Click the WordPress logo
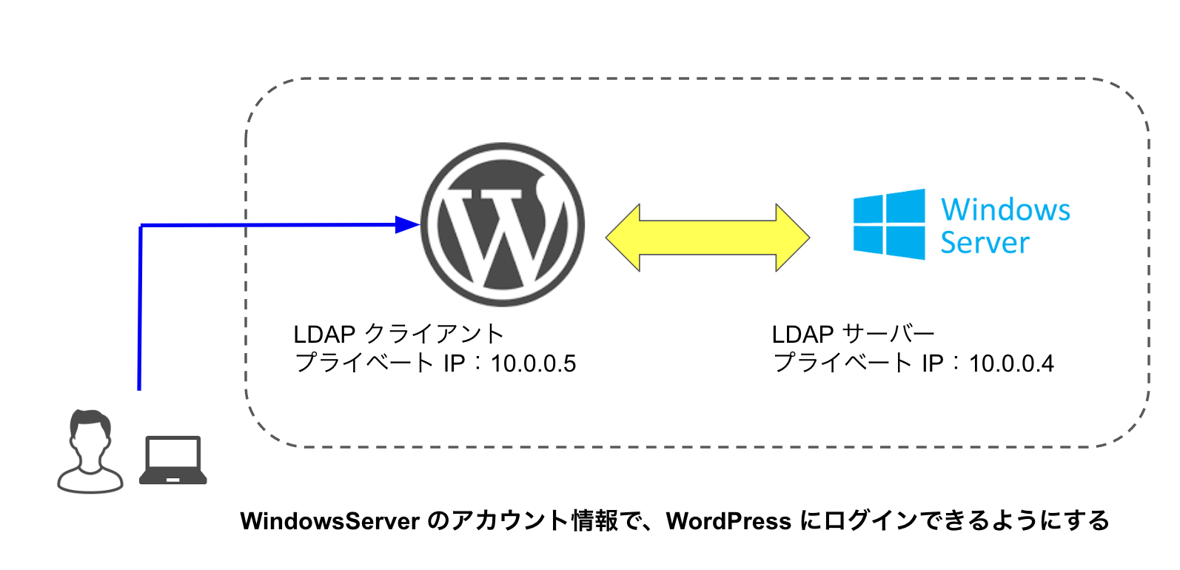(503, 224)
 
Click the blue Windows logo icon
(889, 224)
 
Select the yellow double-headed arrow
(708, 238)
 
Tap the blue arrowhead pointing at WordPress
(407, 224)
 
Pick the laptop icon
(173, 460)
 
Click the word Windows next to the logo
(1005, 209)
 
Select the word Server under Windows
(985, 243)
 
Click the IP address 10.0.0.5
(533, 363)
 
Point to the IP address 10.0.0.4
(1011, 363)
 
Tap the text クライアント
(435, 334)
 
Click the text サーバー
(888, 334)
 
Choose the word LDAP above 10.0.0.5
(324, 335)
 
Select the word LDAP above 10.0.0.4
(802, 335)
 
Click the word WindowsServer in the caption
(330, 521)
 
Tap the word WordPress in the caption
(728, 521)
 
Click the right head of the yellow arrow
(793, 238)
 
